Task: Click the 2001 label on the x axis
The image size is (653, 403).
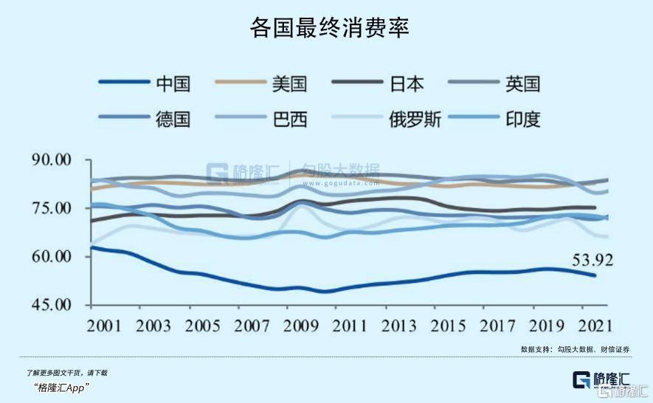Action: (108, 325)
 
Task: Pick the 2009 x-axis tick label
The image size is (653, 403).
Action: (301, 325)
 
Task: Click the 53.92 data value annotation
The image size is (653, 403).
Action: (592, 260)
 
